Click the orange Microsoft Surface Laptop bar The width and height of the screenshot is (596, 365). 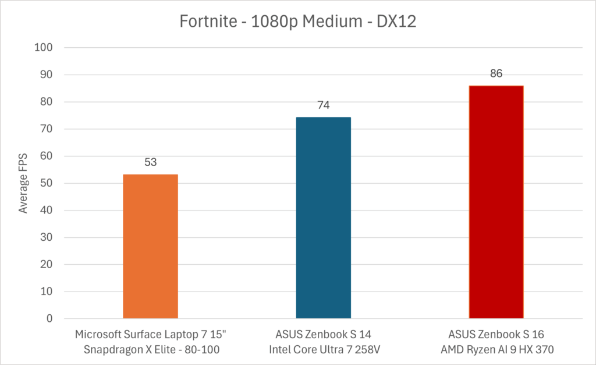click(x=150, y=246)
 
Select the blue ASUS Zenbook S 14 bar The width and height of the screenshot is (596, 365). click(x=323, y=217)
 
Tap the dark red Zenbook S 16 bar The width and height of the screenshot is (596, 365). click(x=496, y=202)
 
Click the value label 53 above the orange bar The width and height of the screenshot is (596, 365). click(x=150, y=162)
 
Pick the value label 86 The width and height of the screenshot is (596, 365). click(x=496, y=73)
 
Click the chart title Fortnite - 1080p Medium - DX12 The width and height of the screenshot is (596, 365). click(x=297, y=23)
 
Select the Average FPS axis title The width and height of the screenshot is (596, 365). click(x=23, y=183)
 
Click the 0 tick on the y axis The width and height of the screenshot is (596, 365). click(x=49, y=319)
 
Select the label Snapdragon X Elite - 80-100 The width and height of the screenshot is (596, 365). click(x=150, y=349)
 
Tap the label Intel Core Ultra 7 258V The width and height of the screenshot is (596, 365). click(x=323, y=349)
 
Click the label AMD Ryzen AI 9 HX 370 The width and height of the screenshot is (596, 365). click(x=496, y=349)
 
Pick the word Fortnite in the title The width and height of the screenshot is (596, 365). click(x=200, y=23)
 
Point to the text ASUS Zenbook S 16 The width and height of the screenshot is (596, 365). click(x=496, y=335)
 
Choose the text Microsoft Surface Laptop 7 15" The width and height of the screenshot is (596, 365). click(x=150, y=335)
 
